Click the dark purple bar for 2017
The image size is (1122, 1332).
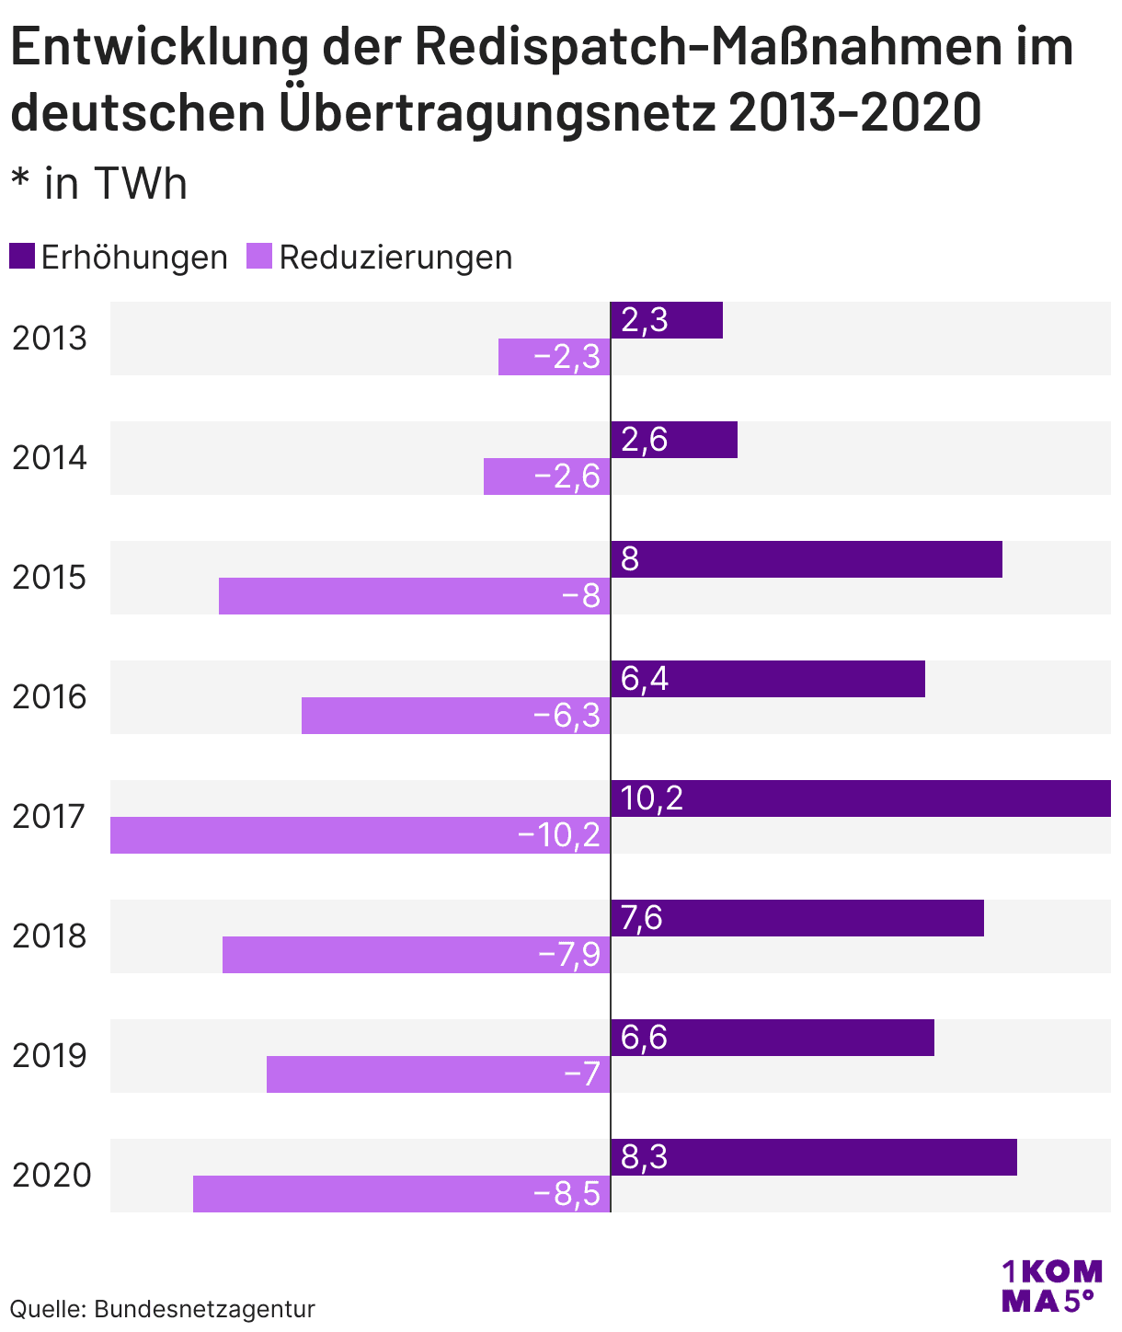coord(860,798)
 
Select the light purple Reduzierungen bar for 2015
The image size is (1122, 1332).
coord(414,596)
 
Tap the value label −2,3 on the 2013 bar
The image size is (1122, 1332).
coord(567,357)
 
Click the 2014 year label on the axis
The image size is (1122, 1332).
coord(50,458)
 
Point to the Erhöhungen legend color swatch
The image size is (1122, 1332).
coord(22,257)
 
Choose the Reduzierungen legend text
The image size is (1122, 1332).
coord(395,258)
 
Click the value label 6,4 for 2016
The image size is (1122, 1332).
coord(645,679)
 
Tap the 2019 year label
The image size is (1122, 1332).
coord(50,1056)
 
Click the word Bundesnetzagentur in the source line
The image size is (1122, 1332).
coord(204,1309)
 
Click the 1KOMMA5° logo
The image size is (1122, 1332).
coord(1051,1286)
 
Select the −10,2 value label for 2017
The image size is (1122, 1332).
coord(559,835)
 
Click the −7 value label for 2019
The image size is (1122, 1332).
coord(581,1074)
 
